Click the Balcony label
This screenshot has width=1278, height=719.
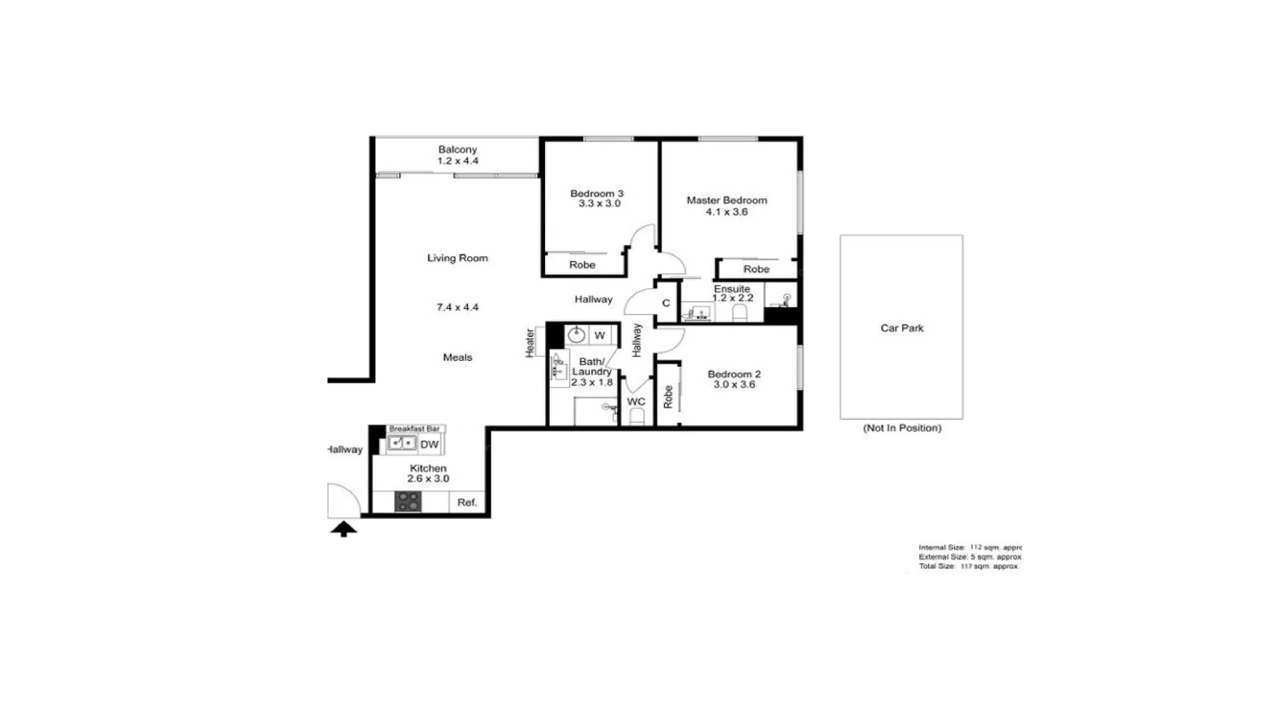(x=457, y=150)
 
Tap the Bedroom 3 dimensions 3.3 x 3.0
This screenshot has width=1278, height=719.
(x=599, y=204)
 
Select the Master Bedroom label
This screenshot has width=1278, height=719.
(x=727, y=200)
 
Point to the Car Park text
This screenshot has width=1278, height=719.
(x=902, y=328)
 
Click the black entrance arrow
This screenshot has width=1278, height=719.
(x=343, y=530)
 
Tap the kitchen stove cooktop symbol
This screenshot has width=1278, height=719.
(x=408, y=501)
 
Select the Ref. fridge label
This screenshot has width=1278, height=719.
(x=467, y=503)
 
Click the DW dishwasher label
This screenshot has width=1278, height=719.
(x=429, y=445)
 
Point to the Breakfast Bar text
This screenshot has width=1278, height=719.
(x=414, y=429)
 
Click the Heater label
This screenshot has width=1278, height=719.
(x=531, y=343)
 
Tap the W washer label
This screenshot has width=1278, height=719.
(x=599, y=336)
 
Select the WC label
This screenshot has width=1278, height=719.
(x=636, y=402)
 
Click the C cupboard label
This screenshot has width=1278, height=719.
(x=666, y=304)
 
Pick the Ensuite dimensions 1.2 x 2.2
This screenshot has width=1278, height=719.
(x=732, y=298)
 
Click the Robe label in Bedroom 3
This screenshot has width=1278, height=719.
(x=582, y=265)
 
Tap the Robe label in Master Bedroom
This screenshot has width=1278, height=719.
(x=756, y=270)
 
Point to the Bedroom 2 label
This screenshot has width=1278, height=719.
(x=734, y=374)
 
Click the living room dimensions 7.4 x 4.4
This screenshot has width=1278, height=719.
(x=457, y=308)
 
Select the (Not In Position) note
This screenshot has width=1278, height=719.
(x=902, y=428)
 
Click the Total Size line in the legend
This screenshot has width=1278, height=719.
(x=968, y=567)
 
